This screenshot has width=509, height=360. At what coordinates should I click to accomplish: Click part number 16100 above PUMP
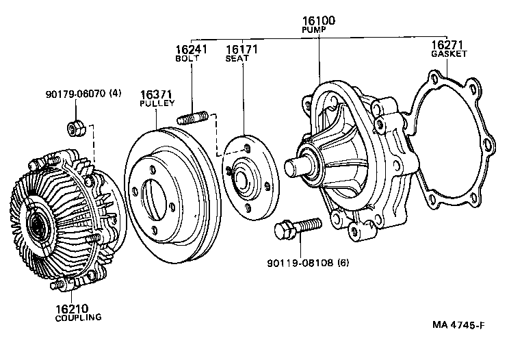click(317, 22)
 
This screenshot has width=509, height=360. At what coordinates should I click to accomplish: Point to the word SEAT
click(237, 59)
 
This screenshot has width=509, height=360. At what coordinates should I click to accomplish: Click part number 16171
click(238, 50)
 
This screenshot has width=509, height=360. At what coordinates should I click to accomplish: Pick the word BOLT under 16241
click(187, 59)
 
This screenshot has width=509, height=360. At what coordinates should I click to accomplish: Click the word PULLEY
click(155, 103)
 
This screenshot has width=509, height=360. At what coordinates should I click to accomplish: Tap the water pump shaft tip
click(291, 167)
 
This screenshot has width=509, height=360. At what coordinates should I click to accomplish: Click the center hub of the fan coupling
click(36, 222)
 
